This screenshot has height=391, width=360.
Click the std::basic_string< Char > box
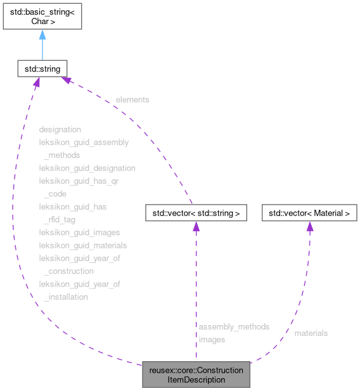pos(42,16)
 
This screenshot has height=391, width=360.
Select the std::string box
pos(42,67)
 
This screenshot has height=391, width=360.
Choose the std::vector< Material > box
pos(309,213)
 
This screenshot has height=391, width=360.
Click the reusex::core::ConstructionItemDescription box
pos(196,375)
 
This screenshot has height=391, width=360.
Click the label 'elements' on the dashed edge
pos(132,99)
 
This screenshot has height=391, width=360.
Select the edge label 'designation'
pos(60,129)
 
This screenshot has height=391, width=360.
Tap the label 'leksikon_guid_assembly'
pos(84,142)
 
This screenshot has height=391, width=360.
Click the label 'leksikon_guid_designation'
pos(87,168)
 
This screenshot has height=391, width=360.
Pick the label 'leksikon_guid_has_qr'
pos(79,181)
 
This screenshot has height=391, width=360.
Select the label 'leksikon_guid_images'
pos(79,233)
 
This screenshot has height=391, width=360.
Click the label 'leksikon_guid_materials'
pos(83,245)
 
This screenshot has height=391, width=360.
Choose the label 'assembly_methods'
pos(234,326)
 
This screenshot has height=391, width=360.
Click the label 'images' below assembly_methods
pos(211,340)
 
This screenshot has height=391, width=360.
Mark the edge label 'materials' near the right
pos(311,333)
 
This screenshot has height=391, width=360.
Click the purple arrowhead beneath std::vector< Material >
pos(309,227)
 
